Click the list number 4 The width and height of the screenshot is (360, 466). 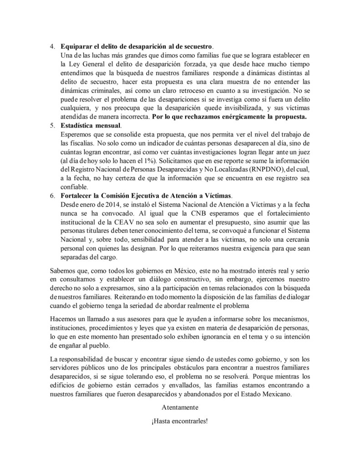[x=51, y=47]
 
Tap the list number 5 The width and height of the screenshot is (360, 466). [x=51, y=125]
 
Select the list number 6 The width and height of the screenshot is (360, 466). [x=51, y=195]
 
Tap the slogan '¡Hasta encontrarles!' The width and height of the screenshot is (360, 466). [x=180, y=421]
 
